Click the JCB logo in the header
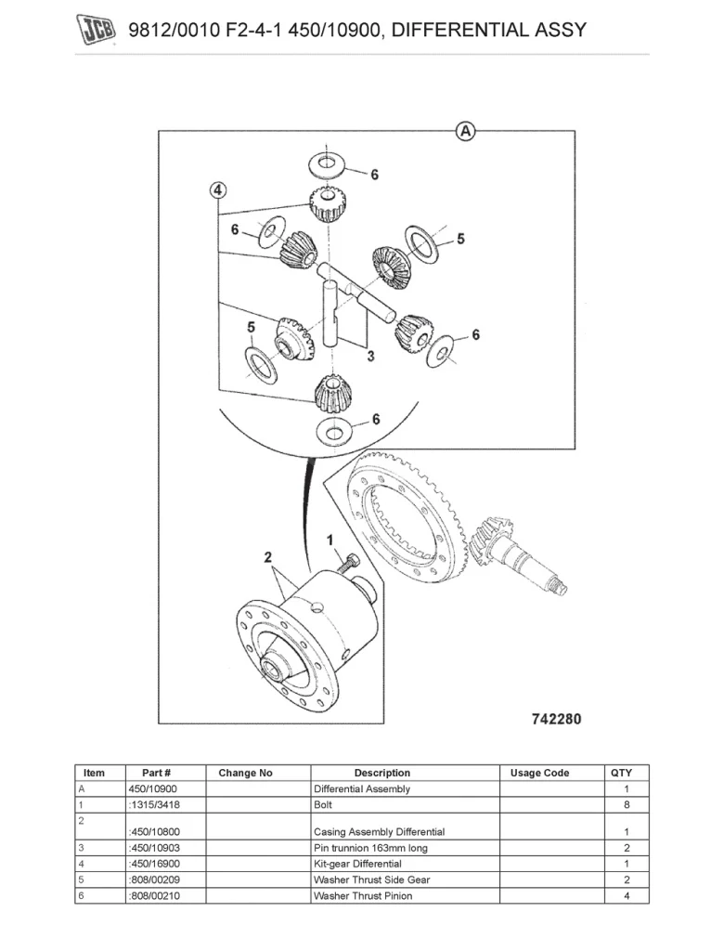pos(95,31)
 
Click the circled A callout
pos(465,131)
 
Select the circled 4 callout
pos(217,191)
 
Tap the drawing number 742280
pos(556,719)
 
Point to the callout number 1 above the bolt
pos(330,539)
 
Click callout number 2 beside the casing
pos(267,557)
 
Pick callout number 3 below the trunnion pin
pos(369,356)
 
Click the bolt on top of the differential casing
pos(351,564)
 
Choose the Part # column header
pos(156,773)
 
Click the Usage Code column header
pos(539,773)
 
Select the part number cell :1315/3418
pos(153,805)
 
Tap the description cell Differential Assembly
pos(361,789)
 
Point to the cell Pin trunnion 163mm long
pos(370,848)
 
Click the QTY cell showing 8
pos(627,805)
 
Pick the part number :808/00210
pos(153,896)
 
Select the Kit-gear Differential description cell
pos(357,864)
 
